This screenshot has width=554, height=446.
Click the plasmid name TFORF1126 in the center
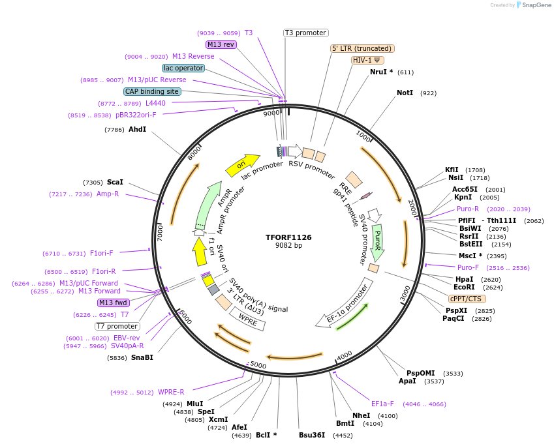coord(288,237)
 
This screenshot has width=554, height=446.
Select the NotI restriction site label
coord(405,93)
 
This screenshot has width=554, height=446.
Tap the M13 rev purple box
coord(221,44)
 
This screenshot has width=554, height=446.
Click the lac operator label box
coord(183,68)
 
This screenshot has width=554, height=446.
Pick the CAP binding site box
coord(152,92)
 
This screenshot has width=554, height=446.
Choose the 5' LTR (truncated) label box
coord(362,48)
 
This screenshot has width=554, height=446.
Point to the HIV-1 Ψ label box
coord(367,60)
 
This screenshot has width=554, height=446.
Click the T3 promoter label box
coord(305,33)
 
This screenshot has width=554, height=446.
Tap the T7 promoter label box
coord(117,326)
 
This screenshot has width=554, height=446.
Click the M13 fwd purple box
coord(113,303)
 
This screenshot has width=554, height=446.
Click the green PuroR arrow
coord(377,242)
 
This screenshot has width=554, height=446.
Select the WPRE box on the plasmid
coord(247,318)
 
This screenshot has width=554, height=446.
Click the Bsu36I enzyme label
coord(312,435)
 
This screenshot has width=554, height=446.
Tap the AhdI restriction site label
coord(137,130)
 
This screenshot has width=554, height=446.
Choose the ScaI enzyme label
coord(115,183)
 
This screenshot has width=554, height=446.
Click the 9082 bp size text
coord(288,246)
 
